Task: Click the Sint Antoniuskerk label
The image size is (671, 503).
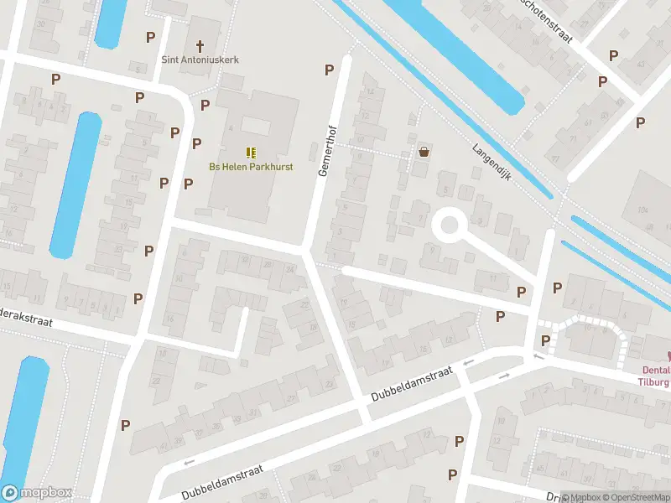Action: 200,60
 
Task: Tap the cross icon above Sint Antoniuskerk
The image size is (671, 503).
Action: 200,45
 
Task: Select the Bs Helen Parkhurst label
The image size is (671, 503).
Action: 250,166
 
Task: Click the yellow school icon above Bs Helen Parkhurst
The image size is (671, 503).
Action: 250,152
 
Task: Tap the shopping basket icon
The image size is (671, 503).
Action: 424,152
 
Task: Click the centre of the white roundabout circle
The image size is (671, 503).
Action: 449,226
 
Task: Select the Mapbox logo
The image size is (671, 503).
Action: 37,493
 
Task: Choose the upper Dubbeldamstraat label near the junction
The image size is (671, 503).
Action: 411,382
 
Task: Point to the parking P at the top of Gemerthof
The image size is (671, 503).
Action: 330,70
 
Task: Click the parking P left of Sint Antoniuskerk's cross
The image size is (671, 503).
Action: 151,37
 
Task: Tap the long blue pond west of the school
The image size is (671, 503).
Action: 75,184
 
